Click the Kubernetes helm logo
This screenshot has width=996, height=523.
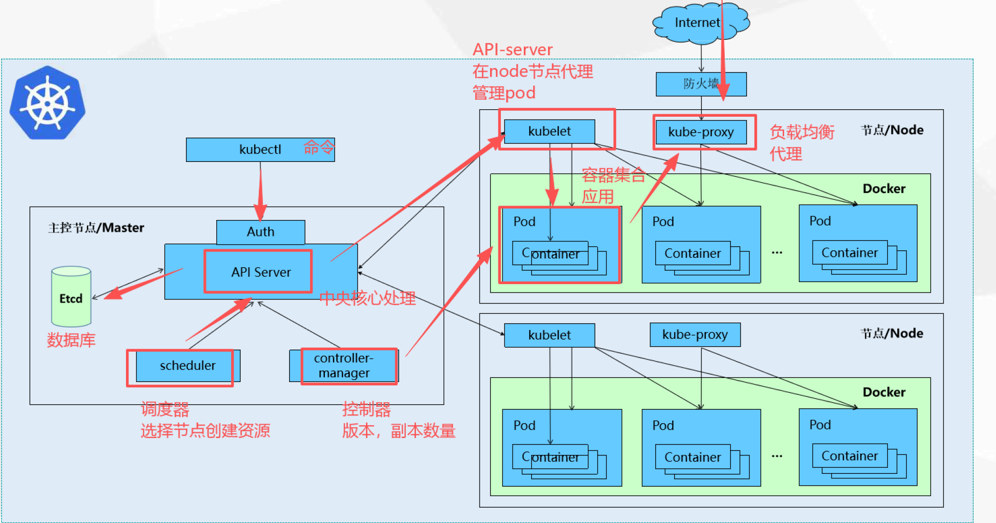[x=48, y=103]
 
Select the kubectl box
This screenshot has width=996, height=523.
[x=260, y=149]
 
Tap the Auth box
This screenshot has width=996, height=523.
[x=260, y=232]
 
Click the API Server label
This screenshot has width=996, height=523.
[x=261, y=272]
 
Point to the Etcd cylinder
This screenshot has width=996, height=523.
[x=71, y=297]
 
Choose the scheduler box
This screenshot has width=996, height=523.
[x=188, y=366]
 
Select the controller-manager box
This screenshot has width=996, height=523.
[x=344, y=366]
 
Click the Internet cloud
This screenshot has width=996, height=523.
[x=701, y=23]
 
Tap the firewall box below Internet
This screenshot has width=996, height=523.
[x=701, y=84]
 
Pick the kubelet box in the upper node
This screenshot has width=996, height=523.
[x=550, y=131]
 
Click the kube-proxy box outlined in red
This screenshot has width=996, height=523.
[x=701, y=132]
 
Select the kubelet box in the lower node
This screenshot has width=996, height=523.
[x=550, y=335]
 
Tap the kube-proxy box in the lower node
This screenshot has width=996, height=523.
[x=695, y=335]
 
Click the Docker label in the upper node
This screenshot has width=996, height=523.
[x=884, y=189]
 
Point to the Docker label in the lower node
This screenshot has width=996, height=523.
[x=884, y=392]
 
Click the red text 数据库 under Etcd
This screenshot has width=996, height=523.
[x=71, y=340]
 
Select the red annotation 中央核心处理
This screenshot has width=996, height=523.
[x=368, y=298]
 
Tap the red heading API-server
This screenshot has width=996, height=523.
[x=512, y=50]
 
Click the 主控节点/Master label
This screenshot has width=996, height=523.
[x=96, y=228]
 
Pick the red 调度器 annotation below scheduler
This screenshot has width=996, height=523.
[x=165, y=409]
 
